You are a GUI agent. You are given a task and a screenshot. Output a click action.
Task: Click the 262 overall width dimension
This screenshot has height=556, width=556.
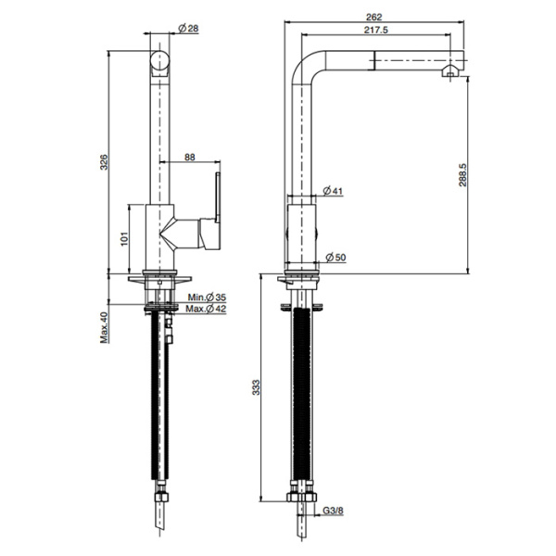click(374, 17)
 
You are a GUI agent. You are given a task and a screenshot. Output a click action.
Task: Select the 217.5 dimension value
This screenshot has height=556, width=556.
click(376, 30)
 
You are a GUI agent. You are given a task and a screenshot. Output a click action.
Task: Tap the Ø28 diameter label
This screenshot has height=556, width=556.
click(189, 29)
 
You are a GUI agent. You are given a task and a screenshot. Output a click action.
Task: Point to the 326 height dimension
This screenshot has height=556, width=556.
click(104, 161)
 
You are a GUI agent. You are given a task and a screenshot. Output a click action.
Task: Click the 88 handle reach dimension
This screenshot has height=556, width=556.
click(190, 157)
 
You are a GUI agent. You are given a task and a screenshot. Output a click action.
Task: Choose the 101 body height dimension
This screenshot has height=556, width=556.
click(124, 239)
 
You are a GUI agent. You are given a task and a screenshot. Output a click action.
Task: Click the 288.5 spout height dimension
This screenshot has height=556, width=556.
click(462, 175)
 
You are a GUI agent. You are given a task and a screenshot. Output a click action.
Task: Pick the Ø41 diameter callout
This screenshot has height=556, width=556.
click(333, 191)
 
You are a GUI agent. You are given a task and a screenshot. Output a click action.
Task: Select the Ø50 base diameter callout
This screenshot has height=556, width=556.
click(335, 257)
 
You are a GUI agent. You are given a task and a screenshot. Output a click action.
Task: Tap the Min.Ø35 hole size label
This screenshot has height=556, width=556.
click(207, 297)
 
